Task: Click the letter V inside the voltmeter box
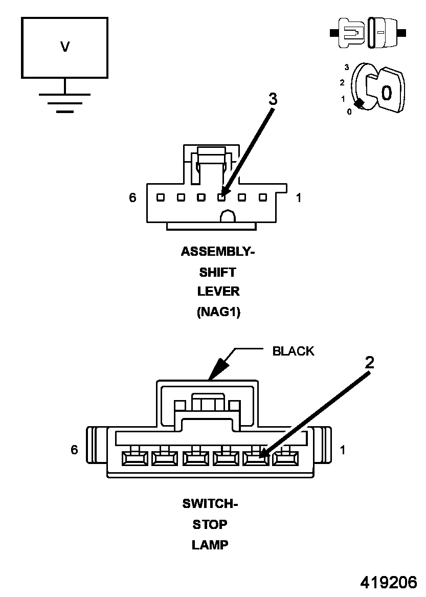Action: pos(64,47)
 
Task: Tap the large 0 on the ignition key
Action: pos(387,93)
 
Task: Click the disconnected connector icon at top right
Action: pos(368,33)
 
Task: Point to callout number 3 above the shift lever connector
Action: pos(273,99)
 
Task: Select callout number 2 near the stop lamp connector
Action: pos(369,362)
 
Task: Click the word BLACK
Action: pos(293,351)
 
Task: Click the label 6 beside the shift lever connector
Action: pos(132,197)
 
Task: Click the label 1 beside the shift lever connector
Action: pos(299,197)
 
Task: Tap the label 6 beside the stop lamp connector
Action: pos(75,450)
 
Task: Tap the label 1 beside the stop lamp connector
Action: pos(343,450)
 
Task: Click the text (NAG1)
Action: pos(218,312)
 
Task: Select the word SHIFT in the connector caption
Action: pos(218,272)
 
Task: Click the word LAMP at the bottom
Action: pos(210,545)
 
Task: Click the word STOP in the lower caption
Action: pos(210,524)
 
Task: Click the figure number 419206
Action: pos(389,582)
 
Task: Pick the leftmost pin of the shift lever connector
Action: pos(160,197)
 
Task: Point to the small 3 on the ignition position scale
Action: pos(347,67)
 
